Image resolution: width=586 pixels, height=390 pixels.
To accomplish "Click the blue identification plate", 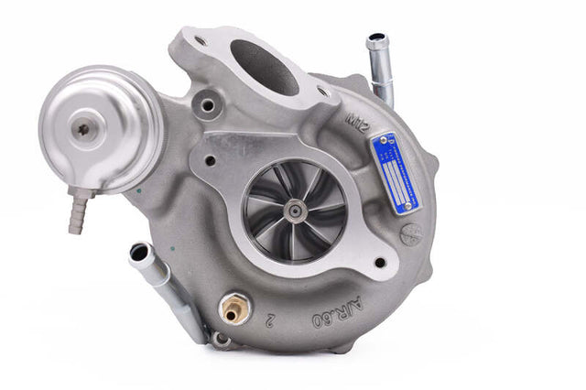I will [395, 171].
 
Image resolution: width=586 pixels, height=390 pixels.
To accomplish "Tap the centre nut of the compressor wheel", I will [295, 211].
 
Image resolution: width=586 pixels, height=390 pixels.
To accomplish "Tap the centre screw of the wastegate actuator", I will [84, 130].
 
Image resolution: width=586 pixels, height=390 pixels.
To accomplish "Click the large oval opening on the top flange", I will [265, 66].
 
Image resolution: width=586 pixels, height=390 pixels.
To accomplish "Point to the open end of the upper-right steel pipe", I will [376, 41].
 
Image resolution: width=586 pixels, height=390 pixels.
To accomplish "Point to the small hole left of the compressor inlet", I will [211, 160].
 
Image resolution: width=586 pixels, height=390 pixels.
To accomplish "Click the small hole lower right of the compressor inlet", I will [379, 263].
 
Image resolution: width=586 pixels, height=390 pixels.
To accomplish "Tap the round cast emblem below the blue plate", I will [412, 233].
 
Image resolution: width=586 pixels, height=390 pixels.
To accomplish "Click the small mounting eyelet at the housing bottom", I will [220, 340].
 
